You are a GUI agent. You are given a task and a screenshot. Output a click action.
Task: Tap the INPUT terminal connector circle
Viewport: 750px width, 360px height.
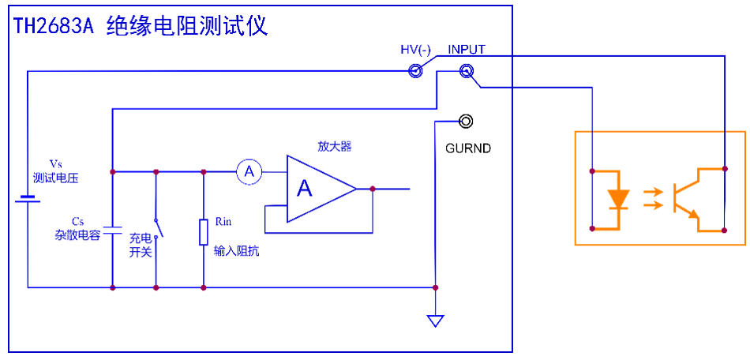pos(466,72)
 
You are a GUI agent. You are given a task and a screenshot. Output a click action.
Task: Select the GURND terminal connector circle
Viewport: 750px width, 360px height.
pos(467,121)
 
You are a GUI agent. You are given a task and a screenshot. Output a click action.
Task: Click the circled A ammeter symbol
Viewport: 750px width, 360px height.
pos(249,171)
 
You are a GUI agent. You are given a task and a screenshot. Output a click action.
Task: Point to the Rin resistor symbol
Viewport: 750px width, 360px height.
pos(204,233)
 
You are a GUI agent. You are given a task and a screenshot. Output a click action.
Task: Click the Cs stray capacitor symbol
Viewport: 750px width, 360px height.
pos(113,230)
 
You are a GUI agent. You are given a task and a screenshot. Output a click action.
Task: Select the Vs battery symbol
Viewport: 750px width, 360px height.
pos(28,200)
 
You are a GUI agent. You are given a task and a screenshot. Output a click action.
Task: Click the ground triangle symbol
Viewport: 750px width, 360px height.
pos(435,321)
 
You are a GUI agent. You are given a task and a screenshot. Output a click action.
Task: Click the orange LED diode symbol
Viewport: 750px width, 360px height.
pos(619,199)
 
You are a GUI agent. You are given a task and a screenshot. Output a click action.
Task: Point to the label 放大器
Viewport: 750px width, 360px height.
pos(334,146)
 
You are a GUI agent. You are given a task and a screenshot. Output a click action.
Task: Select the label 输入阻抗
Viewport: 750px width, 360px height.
pos(236,252)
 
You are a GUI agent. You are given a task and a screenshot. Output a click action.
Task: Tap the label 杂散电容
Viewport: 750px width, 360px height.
pos(77,235)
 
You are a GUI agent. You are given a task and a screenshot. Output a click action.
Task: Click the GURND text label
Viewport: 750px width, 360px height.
pos(467,148)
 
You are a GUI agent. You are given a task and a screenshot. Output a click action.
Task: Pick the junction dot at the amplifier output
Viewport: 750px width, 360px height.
pos(372,189)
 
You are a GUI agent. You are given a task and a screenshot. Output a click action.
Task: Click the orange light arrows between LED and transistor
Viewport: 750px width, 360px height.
pos(654,199)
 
